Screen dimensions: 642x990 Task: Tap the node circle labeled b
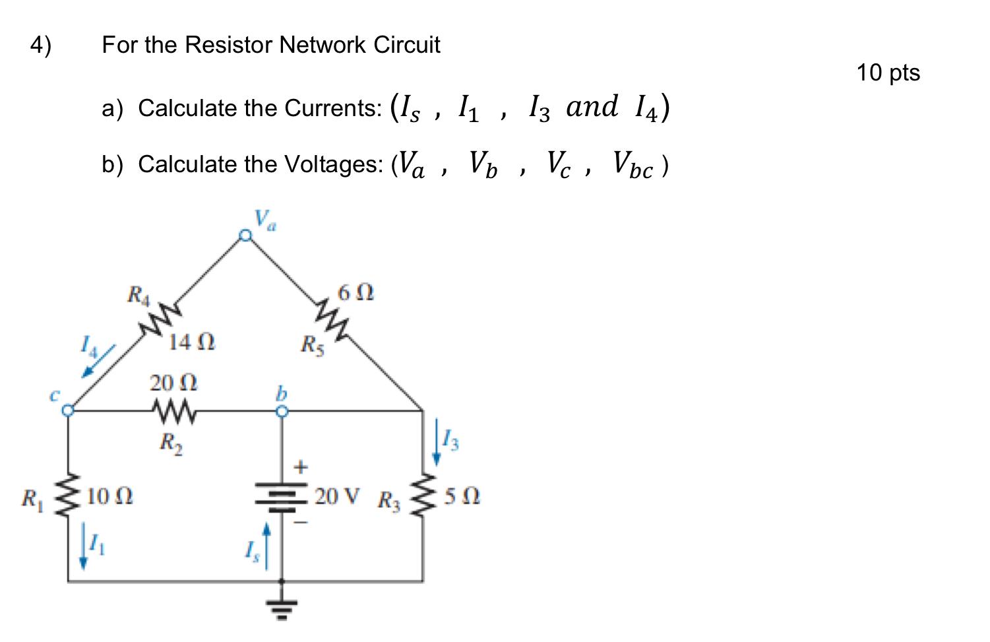pyautogui.click(x=282, y=411)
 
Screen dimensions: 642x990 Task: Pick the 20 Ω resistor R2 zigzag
pyautogui.click(x=173, y=412)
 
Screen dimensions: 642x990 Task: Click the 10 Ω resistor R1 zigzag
pyautogui.click(x=69, y=495)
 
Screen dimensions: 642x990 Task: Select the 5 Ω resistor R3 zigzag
pyautogui.click(x=423, y=496)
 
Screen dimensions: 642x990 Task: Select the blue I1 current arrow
pyautogui.click(x=83, y=547)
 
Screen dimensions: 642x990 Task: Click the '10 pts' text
pyautogui.click(x=888, y=73)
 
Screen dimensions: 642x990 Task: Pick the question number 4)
pyautogui.click(x=40, y=46)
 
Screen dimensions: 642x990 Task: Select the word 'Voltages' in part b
pyautogui.click(x=334, y=164)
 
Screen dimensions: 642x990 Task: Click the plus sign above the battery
pyautogui.click(x=301, y=467)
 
